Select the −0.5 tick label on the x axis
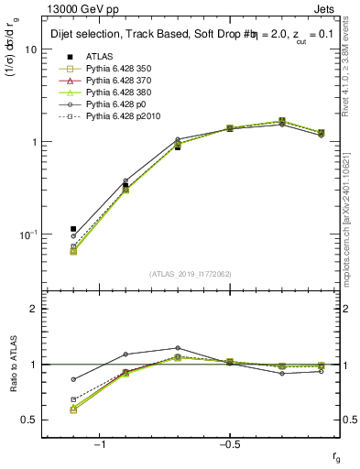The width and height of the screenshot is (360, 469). pyautogui.click(x=228, y=443)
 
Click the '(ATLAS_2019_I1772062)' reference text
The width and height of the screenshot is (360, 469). pyautogui.click(x=191, y=274)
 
